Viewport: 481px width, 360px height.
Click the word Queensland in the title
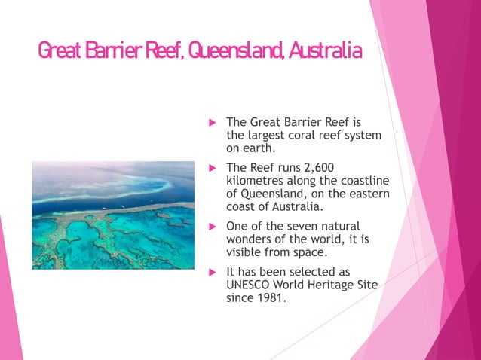tap(230, 50)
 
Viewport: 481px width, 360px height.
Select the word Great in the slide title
tap(60, 50)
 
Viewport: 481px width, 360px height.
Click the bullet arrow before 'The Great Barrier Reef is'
tap(212, 122)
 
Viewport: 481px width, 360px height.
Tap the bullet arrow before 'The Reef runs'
tap(212, 167)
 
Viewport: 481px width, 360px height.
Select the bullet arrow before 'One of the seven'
tap(212, 227)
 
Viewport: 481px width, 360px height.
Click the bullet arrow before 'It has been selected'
tap(212, 272)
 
